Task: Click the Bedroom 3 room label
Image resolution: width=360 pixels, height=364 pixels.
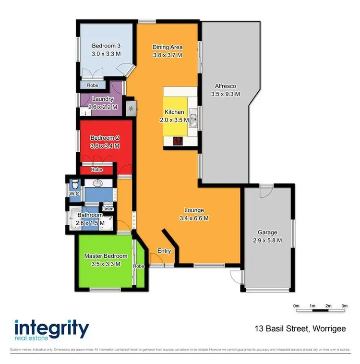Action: [106, 46]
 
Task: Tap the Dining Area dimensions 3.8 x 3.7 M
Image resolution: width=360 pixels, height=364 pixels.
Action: [168, 55]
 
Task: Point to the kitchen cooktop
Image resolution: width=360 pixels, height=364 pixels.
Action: [178, 141]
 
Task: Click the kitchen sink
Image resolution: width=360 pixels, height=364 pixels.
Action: [193, 118]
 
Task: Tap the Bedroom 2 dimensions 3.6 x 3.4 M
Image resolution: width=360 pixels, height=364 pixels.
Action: [105, 146]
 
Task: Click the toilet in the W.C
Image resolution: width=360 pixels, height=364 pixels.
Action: [74, 183]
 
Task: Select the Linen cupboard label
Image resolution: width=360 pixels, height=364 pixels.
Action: [108, 209]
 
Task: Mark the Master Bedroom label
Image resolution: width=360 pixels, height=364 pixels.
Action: [106, 256]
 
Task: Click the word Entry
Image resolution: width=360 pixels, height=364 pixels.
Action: [164, 251]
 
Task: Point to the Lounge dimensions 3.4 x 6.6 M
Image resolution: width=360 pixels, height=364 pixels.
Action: [194, 218]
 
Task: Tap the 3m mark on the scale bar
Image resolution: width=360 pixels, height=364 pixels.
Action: [344, 305]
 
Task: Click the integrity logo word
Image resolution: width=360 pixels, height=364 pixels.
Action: [52, 329]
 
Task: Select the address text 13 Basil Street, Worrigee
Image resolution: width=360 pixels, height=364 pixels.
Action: [300, 329]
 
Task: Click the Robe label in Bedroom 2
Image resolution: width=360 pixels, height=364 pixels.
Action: [97, 170]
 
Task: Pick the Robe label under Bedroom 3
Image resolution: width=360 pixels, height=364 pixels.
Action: [93, 85]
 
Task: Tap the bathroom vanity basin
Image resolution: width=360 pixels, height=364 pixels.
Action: [97, 183]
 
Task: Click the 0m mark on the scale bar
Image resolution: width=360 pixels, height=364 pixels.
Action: [296, 305]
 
